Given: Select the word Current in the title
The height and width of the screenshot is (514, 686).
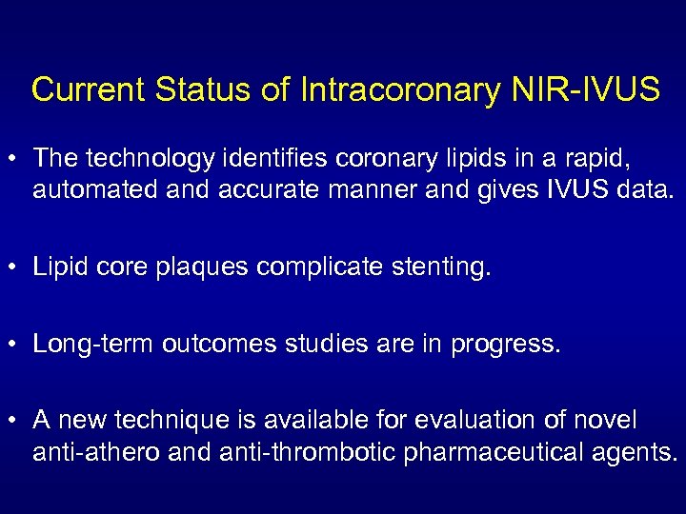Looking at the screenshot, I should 87,89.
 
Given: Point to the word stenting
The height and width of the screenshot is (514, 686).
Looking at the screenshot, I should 441,267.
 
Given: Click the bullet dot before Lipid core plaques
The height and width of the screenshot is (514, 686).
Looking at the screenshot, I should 14,267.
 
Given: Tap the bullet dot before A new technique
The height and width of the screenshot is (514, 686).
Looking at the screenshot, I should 14,420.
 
